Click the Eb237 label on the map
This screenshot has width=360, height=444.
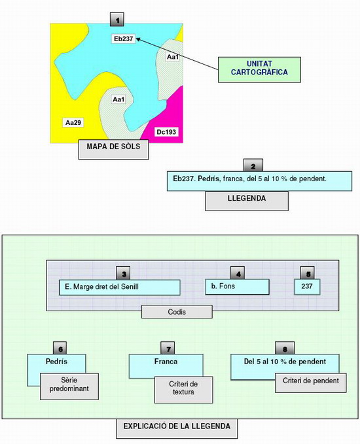(x=124, y=39)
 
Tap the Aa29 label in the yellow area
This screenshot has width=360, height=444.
(x=73, y=123)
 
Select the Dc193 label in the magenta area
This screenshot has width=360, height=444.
(x=166, y=131)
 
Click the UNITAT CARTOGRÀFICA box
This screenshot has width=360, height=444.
(x=259, y=70)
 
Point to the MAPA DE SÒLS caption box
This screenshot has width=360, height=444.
(x=113, y=149)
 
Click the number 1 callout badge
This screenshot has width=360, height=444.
(x=117, y=20)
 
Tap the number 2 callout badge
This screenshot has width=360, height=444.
(x=253, y=165)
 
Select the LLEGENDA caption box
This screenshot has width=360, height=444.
(x=247, y=201)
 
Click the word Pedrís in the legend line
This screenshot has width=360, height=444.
(x=208, y=179)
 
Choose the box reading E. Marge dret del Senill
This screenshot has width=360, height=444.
(x=119, y=288)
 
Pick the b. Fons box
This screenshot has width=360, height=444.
(x=237, y=287)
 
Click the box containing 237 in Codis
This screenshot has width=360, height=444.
(x=307, y=286)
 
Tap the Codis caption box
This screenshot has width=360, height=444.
(x=177, y=311)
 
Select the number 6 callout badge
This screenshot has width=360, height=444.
(x=60, y=349)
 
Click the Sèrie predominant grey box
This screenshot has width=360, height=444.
(x=69, y=386)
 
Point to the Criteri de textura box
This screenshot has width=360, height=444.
(x=183, y=390)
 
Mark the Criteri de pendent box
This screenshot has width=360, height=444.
(x=311, y=383)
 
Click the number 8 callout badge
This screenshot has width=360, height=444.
(x=285, y=349)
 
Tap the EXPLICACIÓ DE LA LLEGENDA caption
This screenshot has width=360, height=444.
(x=177, y=428)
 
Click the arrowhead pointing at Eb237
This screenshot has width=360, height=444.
(x=139, y=39)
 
